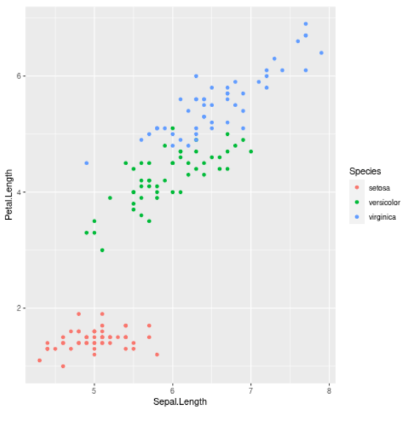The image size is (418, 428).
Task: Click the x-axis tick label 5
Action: point(94,390)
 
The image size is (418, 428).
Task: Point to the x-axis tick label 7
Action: point(251,390)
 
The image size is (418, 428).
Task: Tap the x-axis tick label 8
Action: point(329,390)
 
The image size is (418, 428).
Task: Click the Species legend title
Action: point(365,171)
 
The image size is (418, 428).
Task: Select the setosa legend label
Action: point(380,187)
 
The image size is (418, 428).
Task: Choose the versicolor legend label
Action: point(385,202)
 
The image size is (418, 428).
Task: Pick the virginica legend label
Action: point(383,217)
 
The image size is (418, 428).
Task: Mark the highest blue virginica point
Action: point(305,24)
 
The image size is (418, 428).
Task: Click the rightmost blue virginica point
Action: point(321,53)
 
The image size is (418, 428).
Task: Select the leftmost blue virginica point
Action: point(86,163)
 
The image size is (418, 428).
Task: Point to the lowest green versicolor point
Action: point(102,250)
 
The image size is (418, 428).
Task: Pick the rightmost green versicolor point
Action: point(251,152)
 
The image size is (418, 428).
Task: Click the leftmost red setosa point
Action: point(40,360)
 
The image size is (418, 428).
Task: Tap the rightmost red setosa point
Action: point(157,354)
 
